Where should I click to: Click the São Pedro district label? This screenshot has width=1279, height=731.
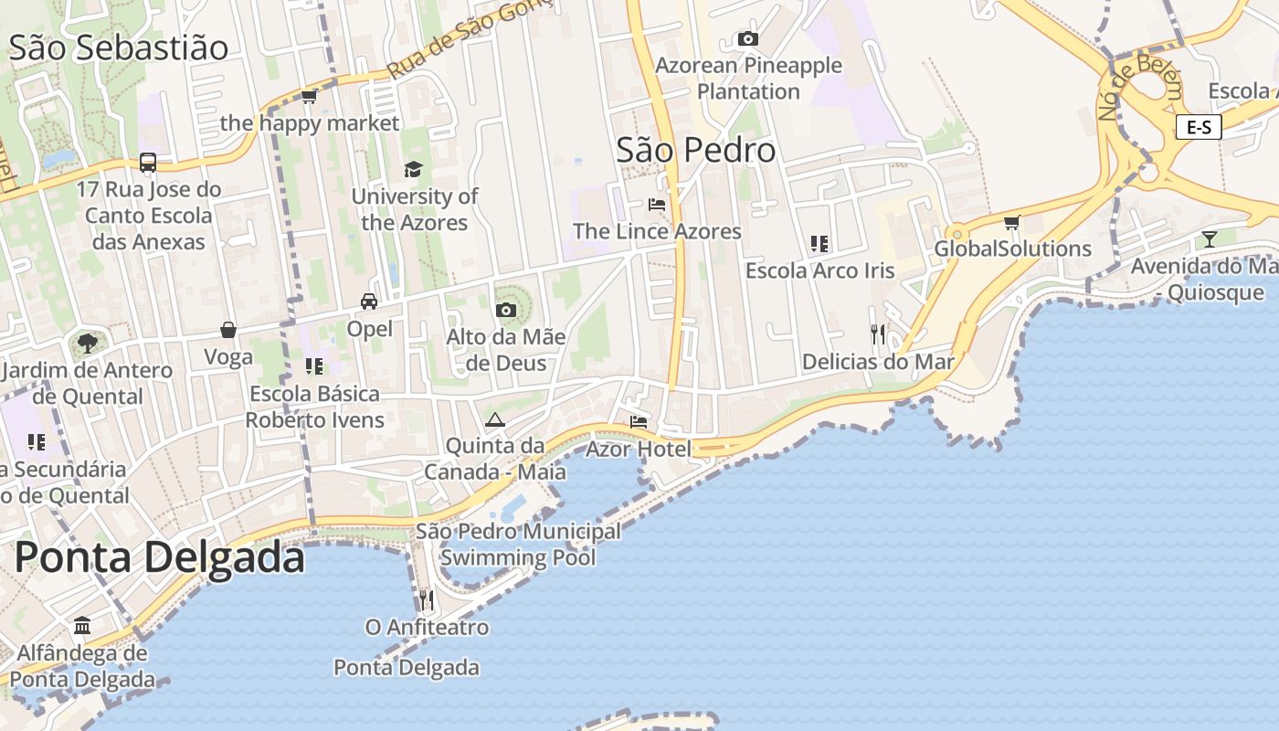(x=695, y=151)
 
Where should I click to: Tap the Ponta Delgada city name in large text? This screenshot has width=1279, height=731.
(x=159, y=556)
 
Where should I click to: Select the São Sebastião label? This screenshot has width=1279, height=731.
(x=118, y=48)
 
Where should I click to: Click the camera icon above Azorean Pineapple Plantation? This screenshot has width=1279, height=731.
(x=747, y=38)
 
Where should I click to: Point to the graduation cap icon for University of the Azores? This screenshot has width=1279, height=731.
(x=414, y=169)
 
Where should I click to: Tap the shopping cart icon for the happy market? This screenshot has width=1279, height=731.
(x=309, y=96)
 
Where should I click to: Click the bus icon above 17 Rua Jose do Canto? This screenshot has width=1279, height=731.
(x=148, y=163)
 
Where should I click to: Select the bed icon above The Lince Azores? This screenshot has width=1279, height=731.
(x=656, y=204)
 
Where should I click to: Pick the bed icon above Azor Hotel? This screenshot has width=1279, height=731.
(x=639, y=421)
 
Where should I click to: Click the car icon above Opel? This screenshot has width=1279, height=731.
(x=369, y=301)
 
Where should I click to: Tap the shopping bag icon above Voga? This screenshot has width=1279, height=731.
(x=228, y=330)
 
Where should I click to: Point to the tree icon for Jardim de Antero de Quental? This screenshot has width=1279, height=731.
(x=87, y=344)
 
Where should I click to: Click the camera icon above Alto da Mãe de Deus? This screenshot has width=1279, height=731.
(x=505, y=310)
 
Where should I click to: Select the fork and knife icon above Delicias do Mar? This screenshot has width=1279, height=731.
(x=878, y=334)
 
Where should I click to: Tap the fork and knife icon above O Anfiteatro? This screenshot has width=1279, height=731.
(x=426, y=599)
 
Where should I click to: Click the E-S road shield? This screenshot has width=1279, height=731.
(x=1198, y=127)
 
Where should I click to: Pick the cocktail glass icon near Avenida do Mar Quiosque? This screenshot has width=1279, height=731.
(x=1210, y=239)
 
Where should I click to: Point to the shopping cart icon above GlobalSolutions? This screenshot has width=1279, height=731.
(x=1011, y=222)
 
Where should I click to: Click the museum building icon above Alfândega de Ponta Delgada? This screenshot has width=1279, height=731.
(x=82, y=626)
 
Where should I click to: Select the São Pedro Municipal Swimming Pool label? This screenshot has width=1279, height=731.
(x=518, y=545)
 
